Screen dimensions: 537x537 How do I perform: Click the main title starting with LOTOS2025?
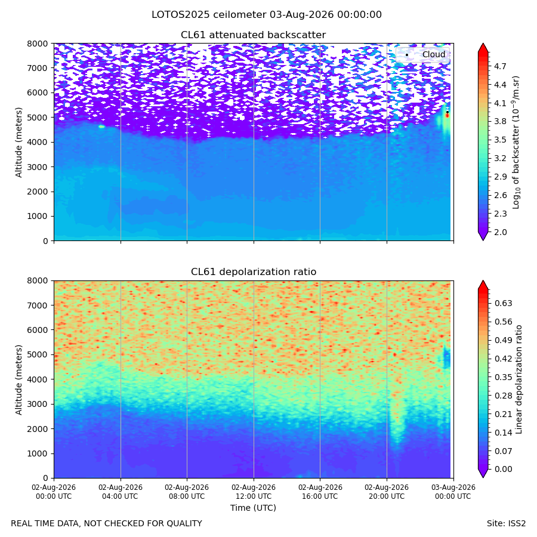click(x=267, y=15)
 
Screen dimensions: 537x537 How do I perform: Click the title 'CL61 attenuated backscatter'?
click(x=254, y=35)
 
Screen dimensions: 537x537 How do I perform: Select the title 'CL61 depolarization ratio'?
click(x=254, y=272)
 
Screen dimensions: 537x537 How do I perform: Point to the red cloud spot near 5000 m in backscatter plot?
click(x=447, y=115)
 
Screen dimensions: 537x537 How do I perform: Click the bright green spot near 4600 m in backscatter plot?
click(x=101, y=126)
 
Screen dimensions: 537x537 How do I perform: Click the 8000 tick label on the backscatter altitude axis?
click(x=38, y=44)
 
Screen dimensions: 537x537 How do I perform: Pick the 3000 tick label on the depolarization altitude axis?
click(x=38, y=404)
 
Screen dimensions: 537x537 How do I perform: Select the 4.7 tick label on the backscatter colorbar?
click(x=500, y=66)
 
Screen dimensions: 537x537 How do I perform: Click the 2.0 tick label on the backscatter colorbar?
click(x=500, y=232)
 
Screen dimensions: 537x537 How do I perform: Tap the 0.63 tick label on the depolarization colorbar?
click(x=503, y=304)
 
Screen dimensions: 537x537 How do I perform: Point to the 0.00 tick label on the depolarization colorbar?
click(x=503, y=469)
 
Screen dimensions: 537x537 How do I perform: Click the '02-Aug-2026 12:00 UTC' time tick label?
click(x=254, y=492)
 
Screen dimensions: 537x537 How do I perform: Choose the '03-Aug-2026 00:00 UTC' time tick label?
click(x=453, y=492)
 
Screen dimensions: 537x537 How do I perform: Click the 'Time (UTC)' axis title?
click(x=253, y=508)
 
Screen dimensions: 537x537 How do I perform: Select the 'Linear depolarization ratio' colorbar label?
click(x=519, y=379)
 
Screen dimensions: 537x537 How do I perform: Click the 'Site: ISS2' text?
click(x=506, y=524)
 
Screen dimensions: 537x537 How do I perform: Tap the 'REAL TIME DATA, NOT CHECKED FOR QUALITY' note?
click(x=107, y=524)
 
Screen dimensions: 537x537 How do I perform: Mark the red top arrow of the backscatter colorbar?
click(x=483, y=48)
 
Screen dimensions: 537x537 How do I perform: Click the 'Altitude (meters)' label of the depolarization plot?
click(x=18, y=379)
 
